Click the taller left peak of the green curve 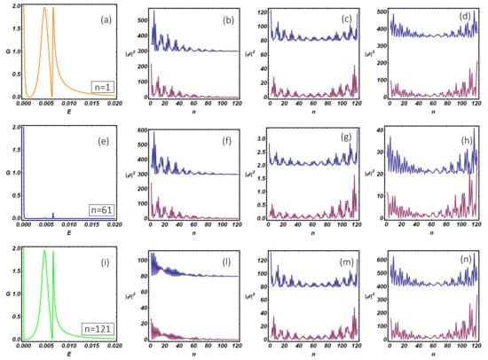tap(45, 252)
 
